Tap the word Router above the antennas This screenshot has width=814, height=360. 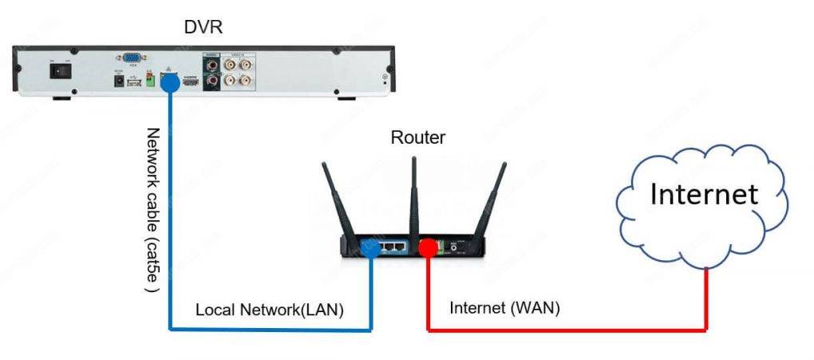(x=417, y=137)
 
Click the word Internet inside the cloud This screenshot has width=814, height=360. (x=703, y=194)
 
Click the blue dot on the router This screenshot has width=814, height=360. (x=370, y=248)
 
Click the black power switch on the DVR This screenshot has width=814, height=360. (x=58, y=69)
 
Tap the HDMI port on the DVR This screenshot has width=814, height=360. (x=190, y=81)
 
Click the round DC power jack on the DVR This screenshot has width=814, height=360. (x=118, y=80)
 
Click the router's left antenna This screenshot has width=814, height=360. (x=340, y=200)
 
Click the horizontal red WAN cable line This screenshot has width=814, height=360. (x=567, y=328)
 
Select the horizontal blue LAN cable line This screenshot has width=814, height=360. (x=271, y=328)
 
